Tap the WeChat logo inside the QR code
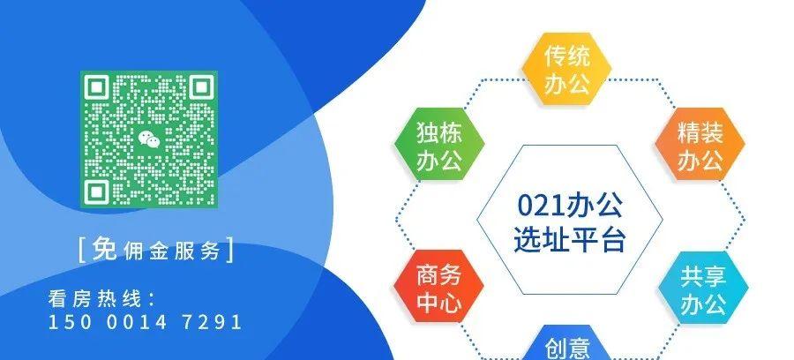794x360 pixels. point(148,138)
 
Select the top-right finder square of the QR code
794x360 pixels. point(195,91)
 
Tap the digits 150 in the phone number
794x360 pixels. point(66,322)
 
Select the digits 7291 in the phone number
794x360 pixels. point(208,322)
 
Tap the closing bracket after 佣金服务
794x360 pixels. point(231,250)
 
